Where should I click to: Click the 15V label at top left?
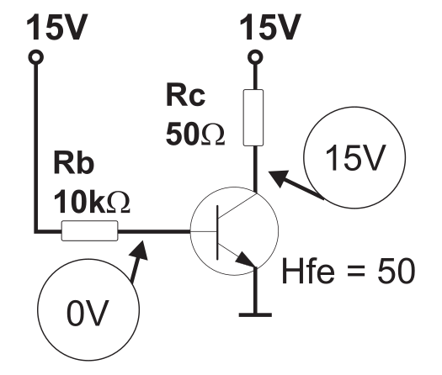click(57, 27)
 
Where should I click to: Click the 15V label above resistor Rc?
click(270, 27)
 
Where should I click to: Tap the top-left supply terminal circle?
click(36, 57)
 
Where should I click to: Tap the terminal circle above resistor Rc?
click(255, 57)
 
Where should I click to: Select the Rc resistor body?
click(253, 118)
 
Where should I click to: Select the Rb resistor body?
click(89, 230)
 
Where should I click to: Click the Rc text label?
click(185, 95)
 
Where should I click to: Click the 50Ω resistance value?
click(195, 134)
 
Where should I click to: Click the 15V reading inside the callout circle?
click(354, 158)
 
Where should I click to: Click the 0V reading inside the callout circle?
click(88, 313)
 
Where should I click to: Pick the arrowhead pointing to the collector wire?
click(279, 178)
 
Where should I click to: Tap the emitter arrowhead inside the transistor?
click(245, 259)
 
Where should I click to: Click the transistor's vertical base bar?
click(217, 233)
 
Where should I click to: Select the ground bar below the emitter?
click(255, 314)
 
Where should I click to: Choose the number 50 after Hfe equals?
click(396, 271)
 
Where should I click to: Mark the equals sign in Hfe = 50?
click(356, 272)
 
